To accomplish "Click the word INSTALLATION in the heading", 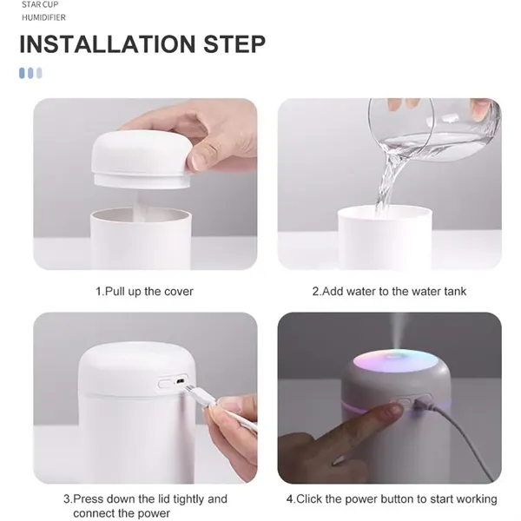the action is point(108,44).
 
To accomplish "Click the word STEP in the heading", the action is point(234,44).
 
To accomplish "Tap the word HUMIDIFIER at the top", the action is point(43,17).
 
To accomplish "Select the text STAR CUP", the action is point(40,4).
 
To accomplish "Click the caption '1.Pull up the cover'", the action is point(144,292).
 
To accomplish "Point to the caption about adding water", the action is point(389,292).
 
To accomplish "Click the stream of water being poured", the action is point(387,181).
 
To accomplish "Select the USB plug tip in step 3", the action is point(188,388).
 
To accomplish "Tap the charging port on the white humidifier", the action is point(180,381).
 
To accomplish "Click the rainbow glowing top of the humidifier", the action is point(395,362).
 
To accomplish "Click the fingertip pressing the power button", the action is point(394,409).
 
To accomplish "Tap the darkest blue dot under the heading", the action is point(23,73).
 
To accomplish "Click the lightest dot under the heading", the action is point(39,73).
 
